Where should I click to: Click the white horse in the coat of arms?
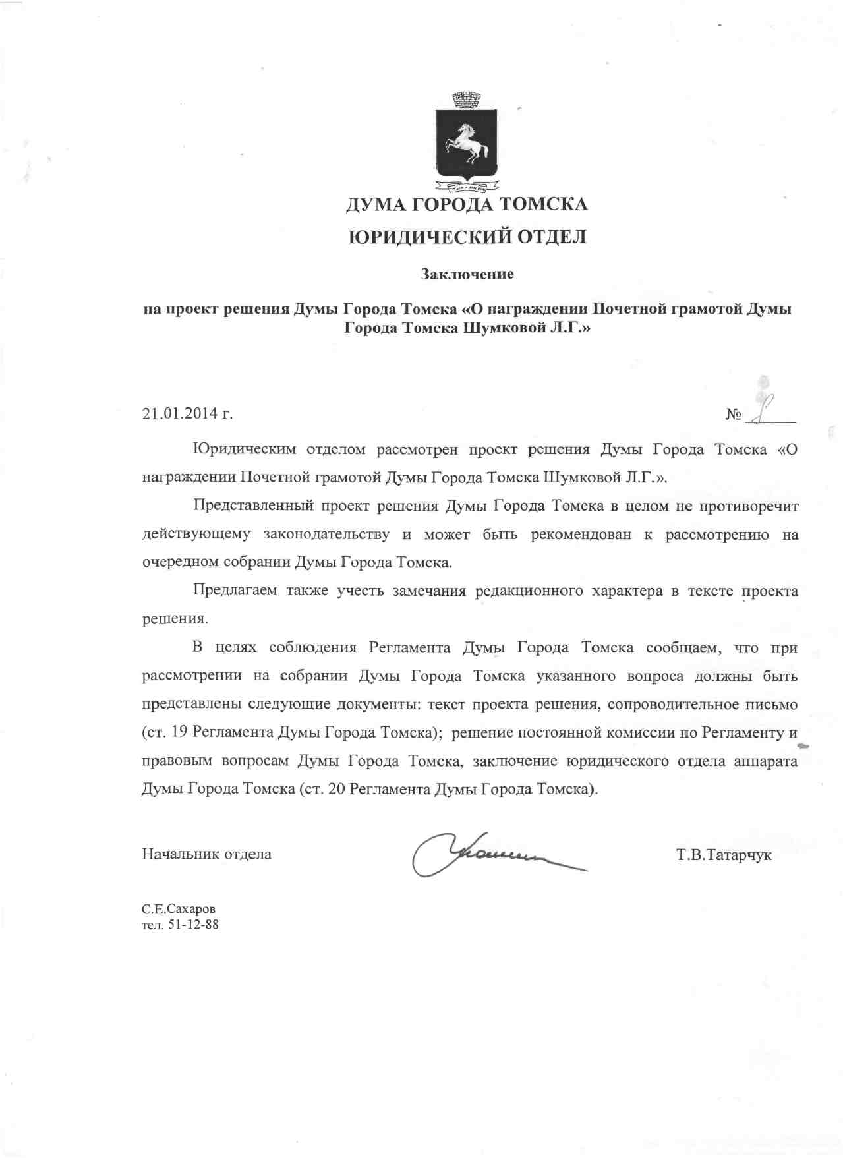point(467,142)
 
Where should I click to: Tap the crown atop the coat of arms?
point(467,100)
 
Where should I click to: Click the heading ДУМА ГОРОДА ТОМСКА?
point(467,204)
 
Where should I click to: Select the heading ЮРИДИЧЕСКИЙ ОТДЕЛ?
point(467,237)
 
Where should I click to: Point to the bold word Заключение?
point(467,274)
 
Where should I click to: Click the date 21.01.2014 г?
point(188,413)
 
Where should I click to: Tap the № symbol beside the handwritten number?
point(733,414)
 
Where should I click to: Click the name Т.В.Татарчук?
point(724,855)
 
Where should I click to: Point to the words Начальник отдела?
point(206,854)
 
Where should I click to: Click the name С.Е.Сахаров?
point(179,909)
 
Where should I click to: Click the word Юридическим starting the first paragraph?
point(244,449)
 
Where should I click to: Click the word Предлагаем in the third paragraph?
point(235,590)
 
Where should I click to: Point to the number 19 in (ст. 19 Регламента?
point(179,732)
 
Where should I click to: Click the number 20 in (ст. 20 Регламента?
point(336,789)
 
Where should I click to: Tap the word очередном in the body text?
point(180,562)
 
